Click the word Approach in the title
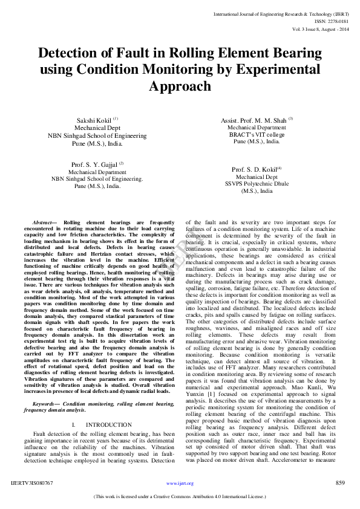(x=180, y=86)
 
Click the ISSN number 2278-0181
(x=336, y=21)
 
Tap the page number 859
(x=340, y=483)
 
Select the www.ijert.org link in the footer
(x=180, y=484)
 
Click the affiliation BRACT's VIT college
(x=257, y=135)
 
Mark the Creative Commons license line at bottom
(x=180, y=497)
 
